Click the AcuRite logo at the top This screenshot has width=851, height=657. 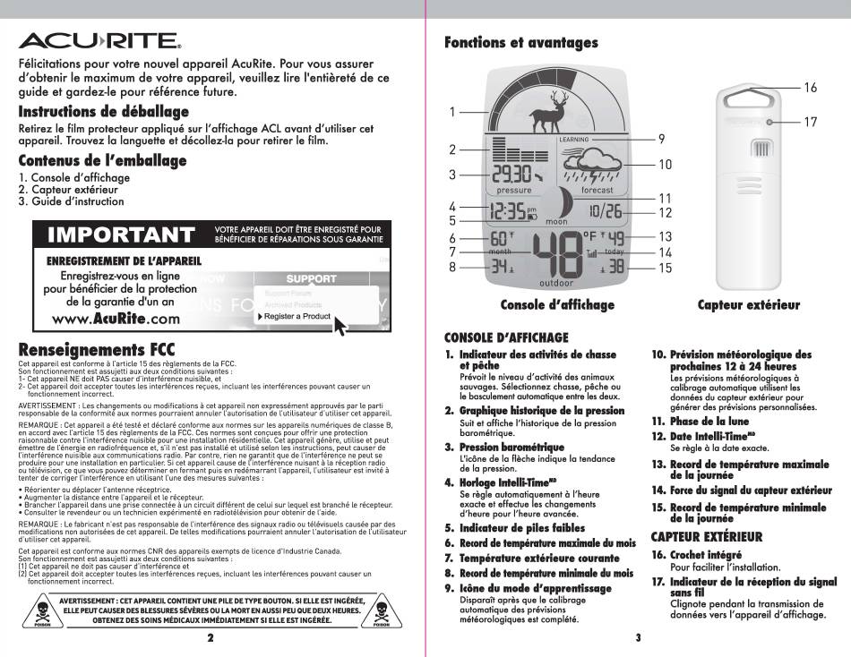click(x=99, y=41)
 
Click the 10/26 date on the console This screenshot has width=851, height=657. click(x=606, y=211)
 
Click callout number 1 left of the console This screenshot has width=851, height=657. click(x=453, y=112)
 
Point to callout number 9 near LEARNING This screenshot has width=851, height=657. click(x=661, y=139)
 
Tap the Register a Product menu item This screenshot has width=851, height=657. click(x=298, y=316)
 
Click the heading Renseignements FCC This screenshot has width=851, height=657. click(x=97, y=349)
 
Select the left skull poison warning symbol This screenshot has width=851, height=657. click(x=39, y=611)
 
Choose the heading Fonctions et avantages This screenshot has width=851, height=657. click(x=521, y=43)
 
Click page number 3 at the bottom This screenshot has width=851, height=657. click(x=639, y=638)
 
